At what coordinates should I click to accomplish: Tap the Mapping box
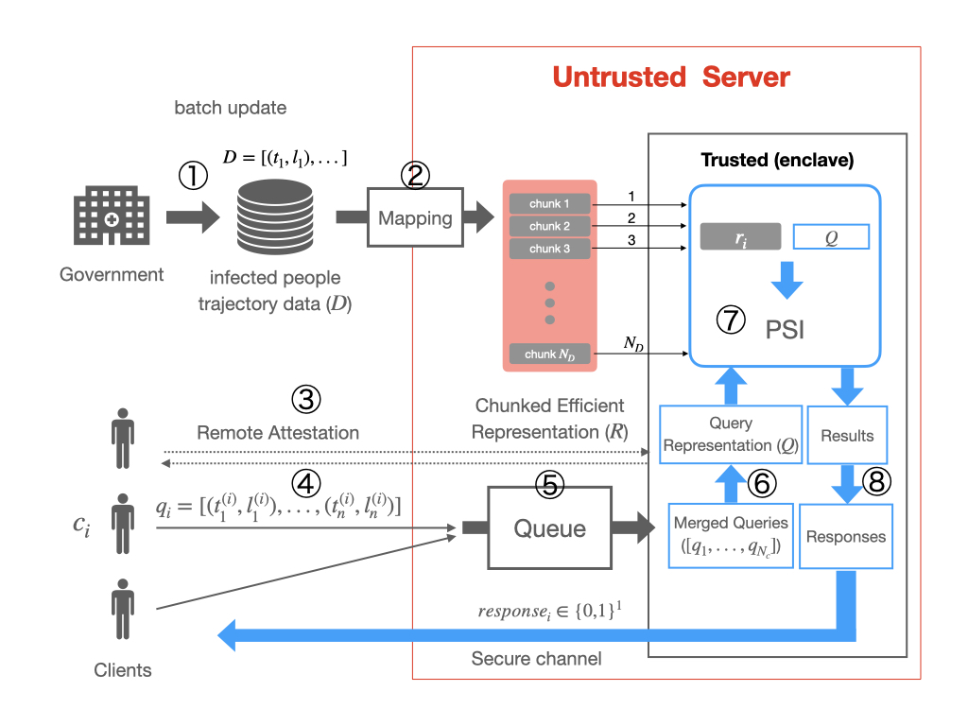pyautogui.click(x=415, y=218)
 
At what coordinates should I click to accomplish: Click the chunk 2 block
pyautogui.click(x=550, y=226)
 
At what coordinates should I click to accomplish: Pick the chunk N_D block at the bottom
pyautogui.click(x=550, y=354)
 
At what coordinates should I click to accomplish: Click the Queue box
pyautogui.click(x=549, y=528)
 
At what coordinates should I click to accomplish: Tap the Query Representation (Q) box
pyautogui.click(x=731, y=435)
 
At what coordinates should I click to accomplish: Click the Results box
pyautogui.click(x=848, y=436)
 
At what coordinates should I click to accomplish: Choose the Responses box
pyautogui.click(x=846, y=536)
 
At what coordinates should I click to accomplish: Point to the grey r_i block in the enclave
pyautogui.click(x=740, y=236)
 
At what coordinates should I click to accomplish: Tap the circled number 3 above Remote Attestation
pyautogui.click(x=305, y=400)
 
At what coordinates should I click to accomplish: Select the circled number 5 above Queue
pyautogui.click(x=549, y=484)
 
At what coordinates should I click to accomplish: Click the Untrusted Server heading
pyautogui.click(x=670, y=77)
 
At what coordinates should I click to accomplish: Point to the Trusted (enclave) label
pyautogui.click(x=777, y=160)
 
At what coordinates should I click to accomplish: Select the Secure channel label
pyautogui.click(x=536, y=658)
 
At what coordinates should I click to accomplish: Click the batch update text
pyautogui.click(x=230, y=108)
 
